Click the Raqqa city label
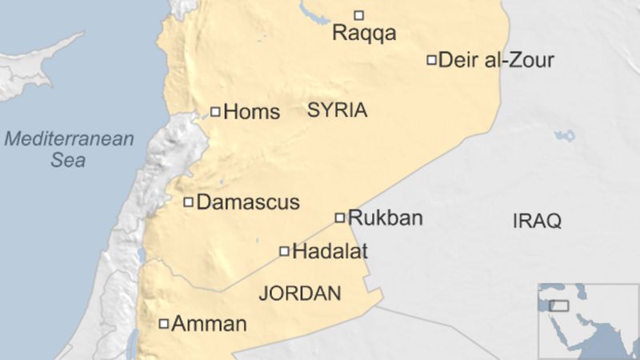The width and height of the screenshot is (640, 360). pos(364,34)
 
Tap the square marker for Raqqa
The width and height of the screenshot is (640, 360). pos(359,14)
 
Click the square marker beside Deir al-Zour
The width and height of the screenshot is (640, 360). pos(431,59)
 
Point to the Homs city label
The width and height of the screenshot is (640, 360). pos(252,112)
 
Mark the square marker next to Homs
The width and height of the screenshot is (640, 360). pos(215,112)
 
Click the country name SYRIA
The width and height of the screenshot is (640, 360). pos(337,110)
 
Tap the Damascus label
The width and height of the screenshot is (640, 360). pos(248,202)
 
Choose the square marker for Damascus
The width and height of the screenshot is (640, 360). pos(189,202)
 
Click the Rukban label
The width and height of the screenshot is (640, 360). pos(386,218)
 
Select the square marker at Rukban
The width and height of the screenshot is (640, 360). pos(340,218)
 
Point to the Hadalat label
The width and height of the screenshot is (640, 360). pos(330,251)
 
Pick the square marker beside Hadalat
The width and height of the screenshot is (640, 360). pos(284,251)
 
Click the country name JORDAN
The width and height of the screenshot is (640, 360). pos(300,294)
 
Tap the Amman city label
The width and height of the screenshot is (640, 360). pos(210,324)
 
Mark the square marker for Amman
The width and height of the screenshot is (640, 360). pos(164,324)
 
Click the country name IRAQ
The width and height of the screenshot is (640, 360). pos(537,222)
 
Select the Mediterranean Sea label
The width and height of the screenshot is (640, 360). pos(69,150)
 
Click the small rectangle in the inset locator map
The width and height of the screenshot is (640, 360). pos(558,306)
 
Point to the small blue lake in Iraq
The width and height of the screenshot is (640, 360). pos(566,136)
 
